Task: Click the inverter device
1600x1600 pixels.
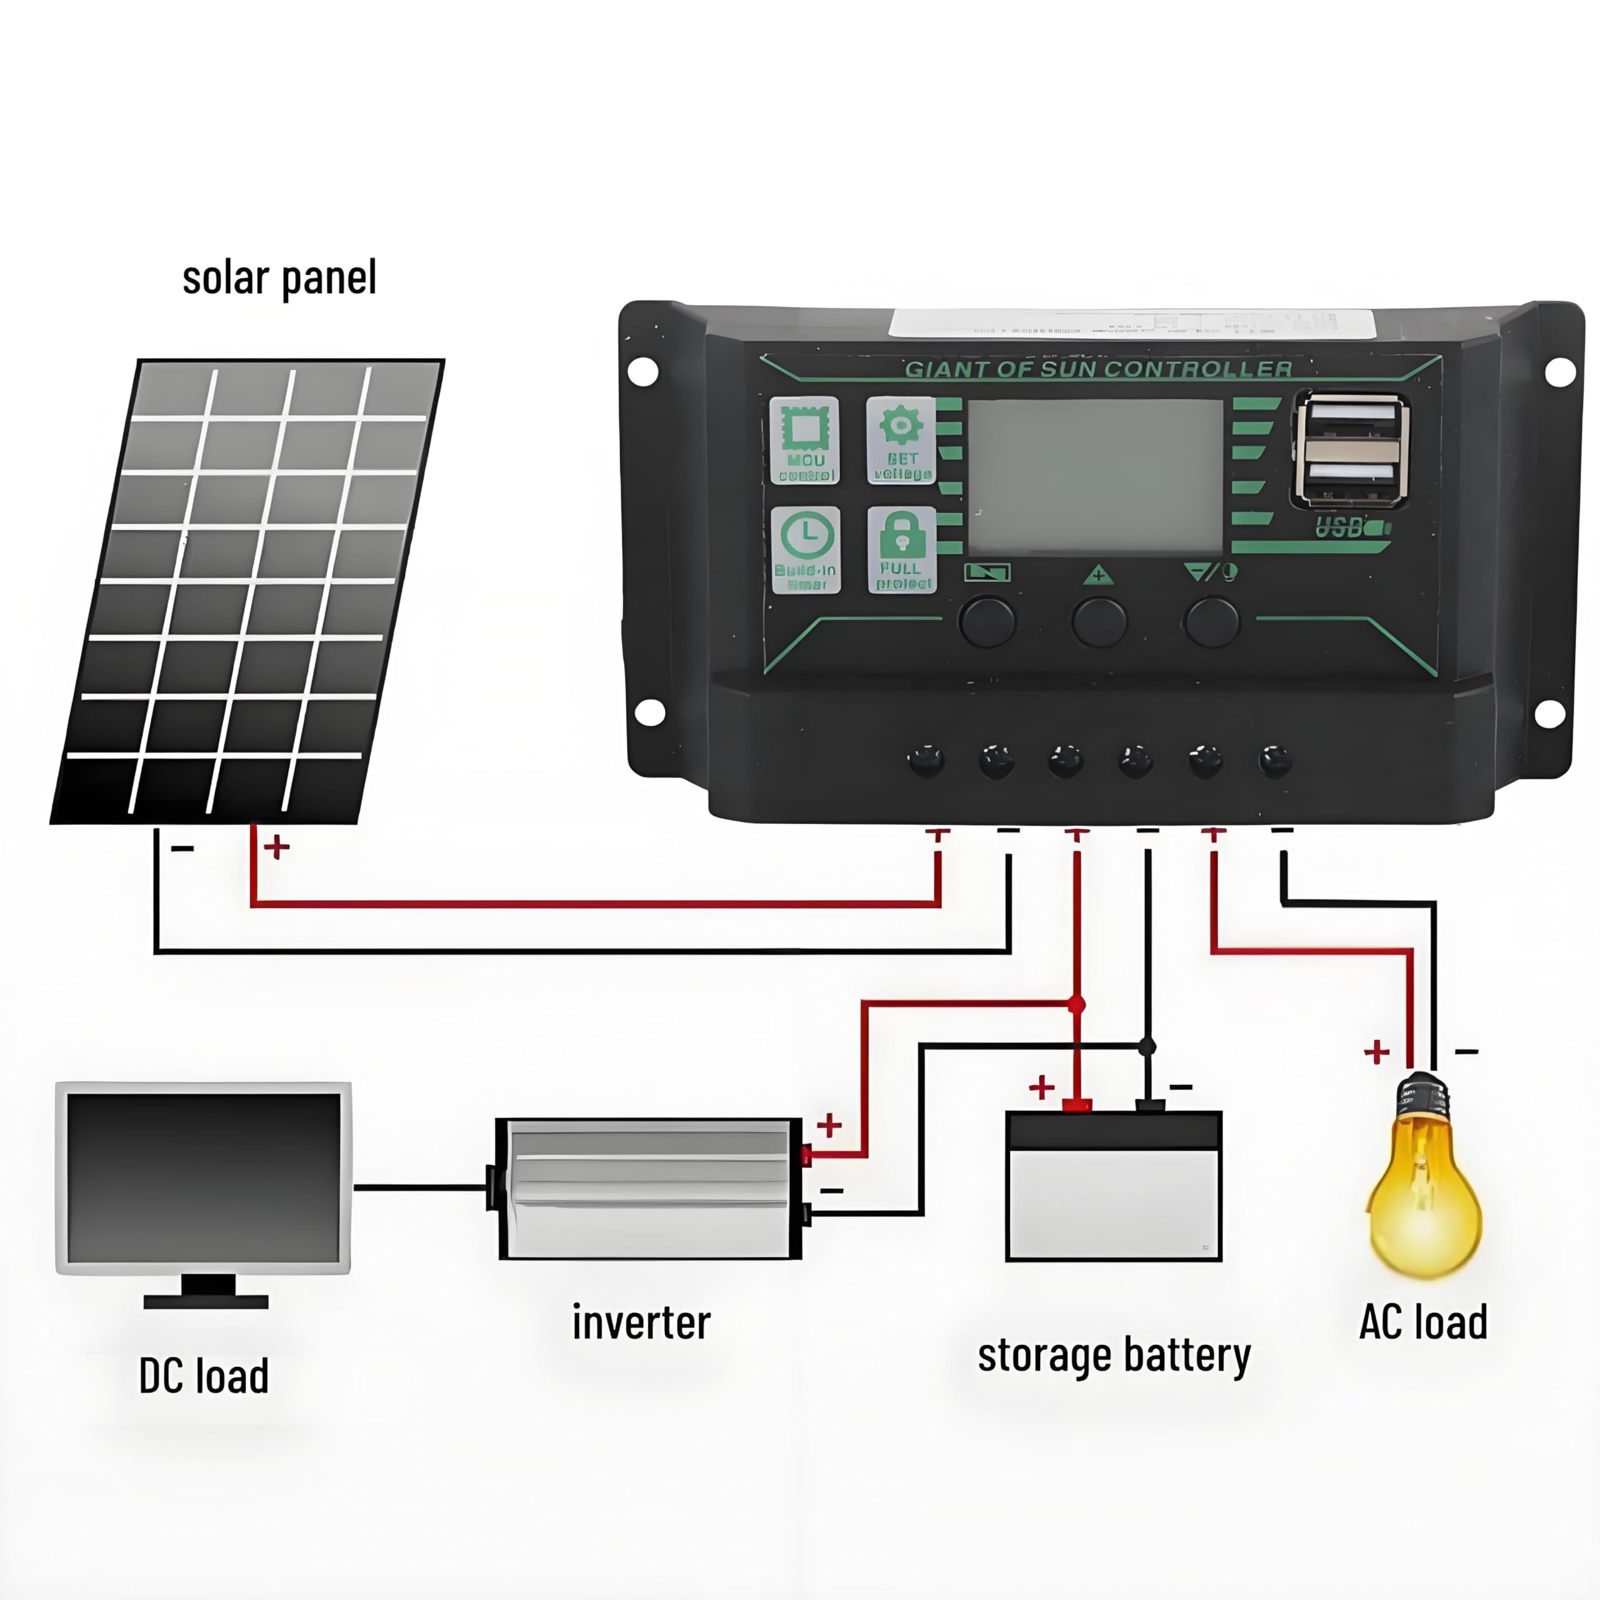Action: pos(649,1188)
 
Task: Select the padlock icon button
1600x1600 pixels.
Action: pos(901,549)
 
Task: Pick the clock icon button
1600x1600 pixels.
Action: pos(806,549)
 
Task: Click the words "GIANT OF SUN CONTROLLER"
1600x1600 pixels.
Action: pos(1098,369)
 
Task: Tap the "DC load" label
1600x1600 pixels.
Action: pos(204,1376)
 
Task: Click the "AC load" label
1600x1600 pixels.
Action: pos(1422,1322)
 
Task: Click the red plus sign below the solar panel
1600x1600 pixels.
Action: pos(277,846)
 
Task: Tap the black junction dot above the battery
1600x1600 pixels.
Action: pos(1147,1047)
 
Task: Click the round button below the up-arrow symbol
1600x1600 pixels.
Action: pos(1099,621)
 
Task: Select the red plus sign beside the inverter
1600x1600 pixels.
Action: pos(829,1124)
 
